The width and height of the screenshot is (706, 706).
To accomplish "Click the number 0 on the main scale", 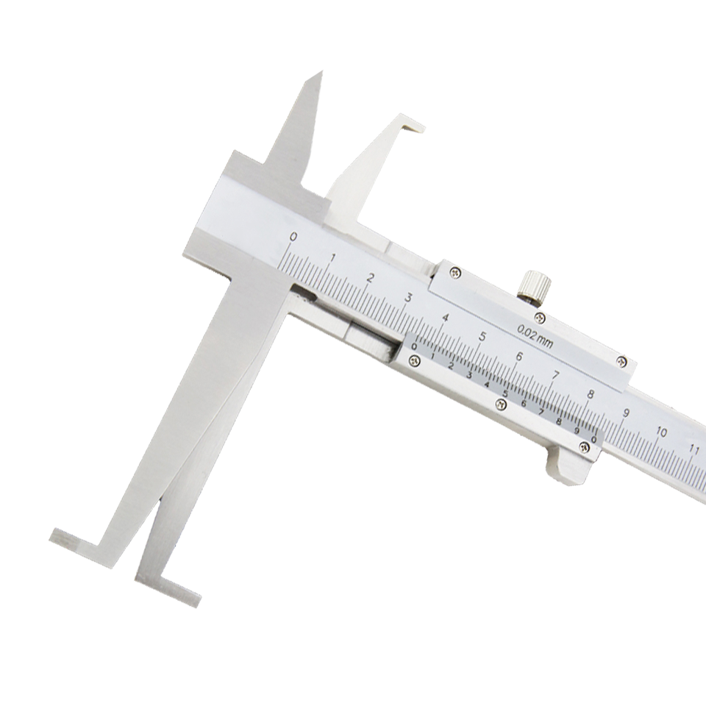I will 293,237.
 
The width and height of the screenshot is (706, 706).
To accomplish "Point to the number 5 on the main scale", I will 482,337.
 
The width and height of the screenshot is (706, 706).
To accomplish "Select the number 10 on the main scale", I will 661,432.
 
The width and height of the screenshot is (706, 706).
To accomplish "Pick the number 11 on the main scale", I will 694,448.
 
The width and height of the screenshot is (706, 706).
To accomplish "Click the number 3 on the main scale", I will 407,297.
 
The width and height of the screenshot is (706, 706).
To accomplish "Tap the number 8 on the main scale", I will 591,394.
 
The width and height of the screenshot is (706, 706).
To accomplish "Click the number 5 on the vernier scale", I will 505,393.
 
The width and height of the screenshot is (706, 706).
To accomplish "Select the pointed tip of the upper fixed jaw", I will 320,74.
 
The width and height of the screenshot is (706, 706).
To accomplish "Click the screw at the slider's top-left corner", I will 456,273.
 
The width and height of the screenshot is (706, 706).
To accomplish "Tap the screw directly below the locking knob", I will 541,318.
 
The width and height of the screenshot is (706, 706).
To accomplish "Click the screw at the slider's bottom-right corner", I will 585,446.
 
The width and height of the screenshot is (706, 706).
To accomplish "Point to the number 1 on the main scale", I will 333,257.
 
